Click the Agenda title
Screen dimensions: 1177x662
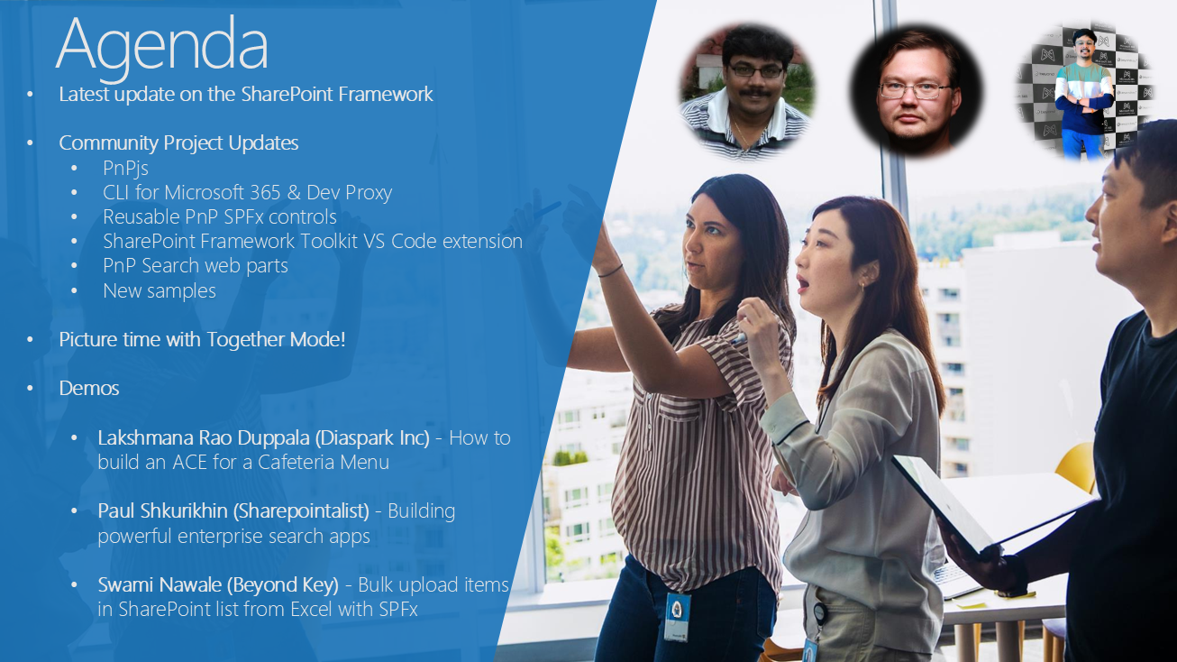click(162, 47)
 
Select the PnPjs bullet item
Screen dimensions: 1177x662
click(125, 169)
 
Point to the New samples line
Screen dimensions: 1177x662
click(160, 290)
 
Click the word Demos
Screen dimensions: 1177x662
click(89, 388)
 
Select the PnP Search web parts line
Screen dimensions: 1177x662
click(196, 266)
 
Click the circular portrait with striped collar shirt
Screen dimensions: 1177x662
click(746, 91)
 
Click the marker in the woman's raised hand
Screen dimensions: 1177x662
click(739, 338)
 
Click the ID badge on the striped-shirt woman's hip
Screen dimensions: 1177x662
click(677, 616)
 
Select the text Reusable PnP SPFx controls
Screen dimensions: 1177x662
click(220, 217)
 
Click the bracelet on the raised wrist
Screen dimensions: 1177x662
click(610, 271)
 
